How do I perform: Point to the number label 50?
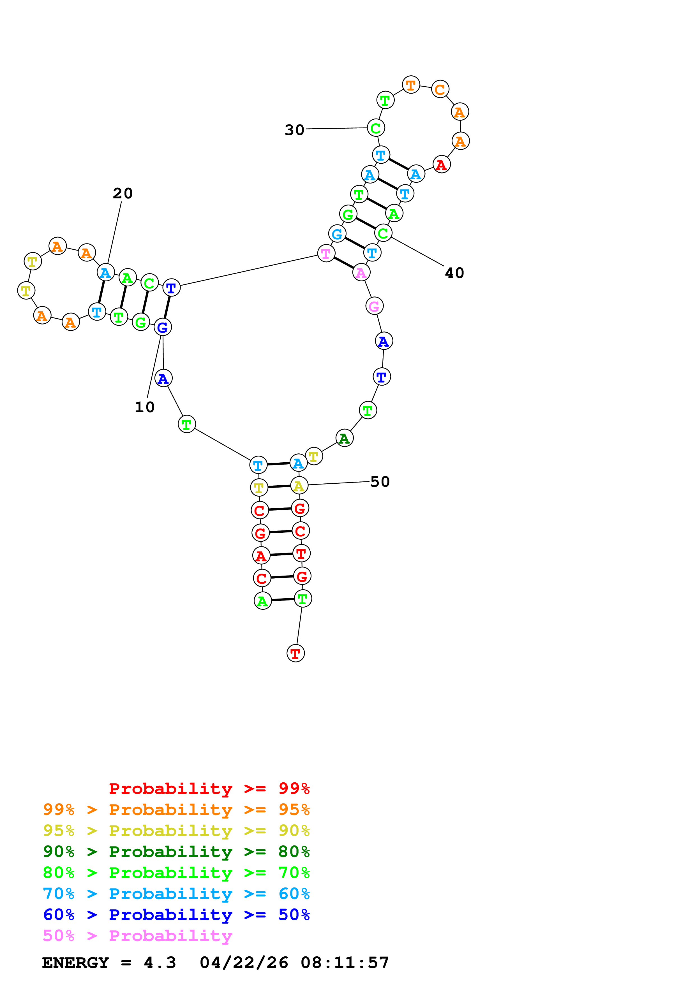(x=380, y=482)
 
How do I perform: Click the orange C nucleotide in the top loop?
(x=440, y=89)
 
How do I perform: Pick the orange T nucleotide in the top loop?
(x=411, y=85)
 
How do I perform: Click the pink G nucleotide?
(x=374, y=306)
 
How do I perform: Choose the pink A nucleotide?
(x=361, y=272)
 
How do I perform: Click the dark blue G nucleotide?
(x=163, y=328)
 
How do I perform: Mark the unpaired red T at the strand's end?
(x=295, y=653)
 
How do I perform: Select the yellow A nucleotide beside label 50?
(x=299, y=486)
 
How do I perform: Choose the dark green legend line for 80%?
(x=176, y=852)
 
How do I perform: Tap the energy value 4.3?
(x=160, y=963)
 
